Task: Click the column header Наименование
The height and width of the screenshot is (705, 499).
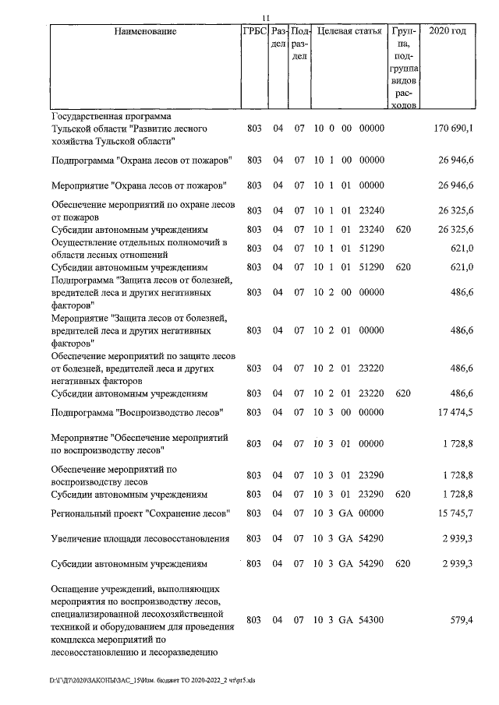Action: pos(145,32)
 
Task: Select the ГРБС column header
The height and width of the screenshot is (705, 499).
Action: pos(255,32)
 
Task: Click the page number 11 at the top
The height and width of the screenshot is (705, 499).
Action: pos(265,18)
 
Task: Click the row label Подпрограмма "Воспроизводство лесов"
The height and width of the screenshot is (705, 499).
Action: pos(138,411)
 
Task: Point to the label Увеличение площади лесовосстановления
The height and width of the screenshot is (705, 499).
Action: pos(140,538)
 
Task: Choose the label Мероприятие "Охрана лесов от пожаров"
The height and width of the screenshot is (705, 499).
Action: pos(139,186)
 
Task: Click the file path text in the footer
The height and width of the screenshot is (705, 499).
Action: pos(153,680)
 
